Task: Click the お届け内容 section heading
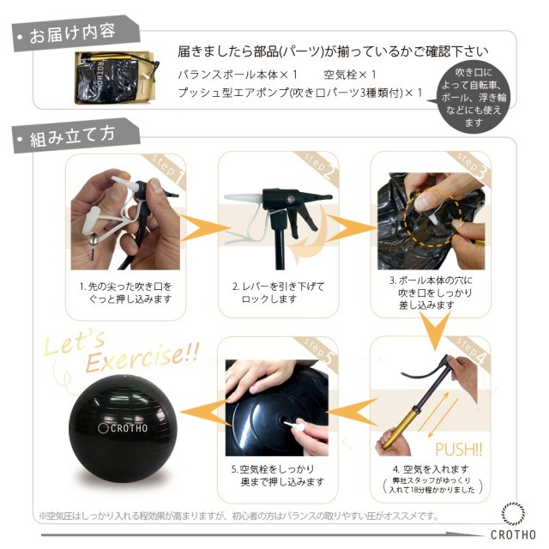pos(72,33)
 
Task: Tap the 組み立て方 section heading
pos(72,136)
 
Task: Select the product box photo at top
pos(117,78)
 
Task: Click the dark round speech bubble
pos(474,97)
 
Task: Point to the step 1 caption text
pos(126,293)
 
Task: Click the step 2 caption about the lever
pos(278,293)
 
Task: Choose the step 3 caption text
pos(431,293)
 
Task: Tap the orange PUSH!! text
pos(459,449)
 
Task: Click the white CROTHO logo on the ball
pos(123,428)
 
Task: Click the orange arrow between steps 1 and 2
pos(203,227)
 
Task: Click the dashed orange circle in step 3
pos(433,219)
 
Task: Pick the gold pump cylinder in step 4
pos(401,429)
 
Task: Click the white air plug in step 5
pos(295,426)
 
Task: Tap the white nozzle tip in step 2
pos(243,198)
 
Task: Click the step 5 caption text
pos(278,475)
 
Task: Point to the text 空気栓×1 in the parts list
pos(349,75)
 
